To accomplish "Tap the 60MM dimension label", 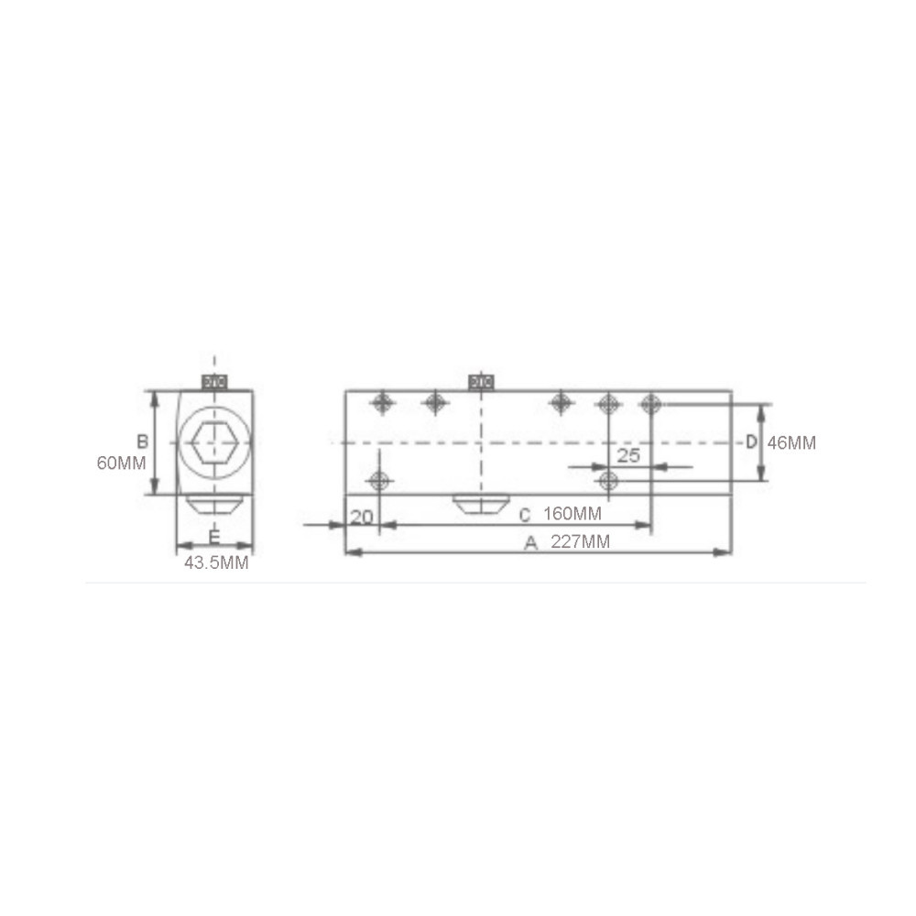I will click(121, 463).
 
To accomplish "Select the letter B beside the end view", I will click(142, 442).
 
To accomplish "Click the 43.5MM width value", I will click(216, 563).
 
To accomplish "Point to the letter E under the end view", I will click(214, 536).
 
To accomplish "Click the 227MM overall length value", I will click(580, 542).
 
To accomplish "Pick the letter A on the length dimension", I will click(529, 542).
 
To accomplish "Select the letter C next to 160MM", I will click(525, 515).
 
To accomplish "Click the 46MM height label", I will click(791, 442).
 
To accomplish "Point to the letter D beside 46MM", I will click(750, 442).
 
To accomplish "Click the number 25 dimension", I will click(628, 455).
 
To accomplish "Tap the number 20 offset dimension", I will click(362, 517).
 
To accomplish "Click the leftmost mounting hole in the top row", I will click(382, 402).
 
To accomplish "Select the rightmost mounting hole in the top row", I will click(650, 403).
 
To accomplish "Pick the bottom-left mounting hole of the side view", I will click(378, 481).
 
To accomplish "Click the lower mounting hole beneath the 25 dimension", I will click(606, 481).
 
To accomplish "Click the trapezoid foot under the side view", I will click(481, 505).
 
